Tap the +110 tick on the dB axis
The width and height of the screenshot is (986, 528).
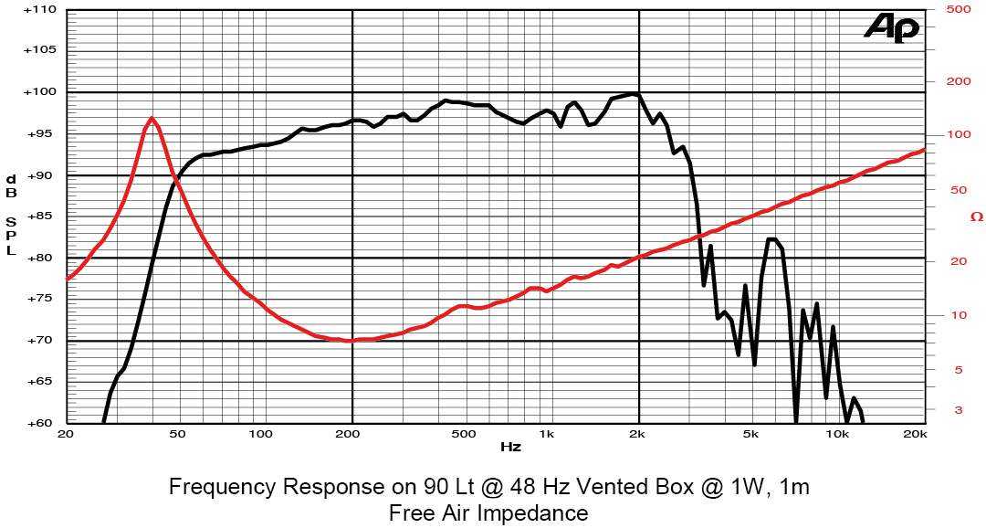41,9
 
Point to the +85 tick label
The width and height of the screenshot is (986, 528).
41,216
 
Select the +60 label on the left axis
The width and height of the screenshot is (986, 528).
41,423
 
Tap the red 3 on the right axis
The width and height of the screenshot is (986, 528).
958,410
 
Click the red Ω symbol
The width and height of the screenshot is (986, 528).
975,216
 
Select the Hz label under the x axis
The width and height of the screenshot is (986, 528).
510,448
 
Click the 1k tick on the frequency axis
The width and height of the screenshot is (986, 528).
546,434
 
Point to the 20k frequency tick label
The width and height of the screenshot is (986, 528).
916,434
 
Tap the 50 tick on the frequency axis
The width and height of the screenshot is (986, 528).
178,434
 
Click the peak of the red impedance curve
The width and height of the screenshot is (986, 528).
152,118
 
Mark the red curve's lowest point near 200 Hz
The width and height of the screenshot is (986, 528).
349,340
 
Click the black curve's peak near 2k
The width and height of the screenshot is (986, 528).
632,93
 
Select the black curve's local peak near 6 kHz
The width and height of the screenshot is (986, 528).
772,239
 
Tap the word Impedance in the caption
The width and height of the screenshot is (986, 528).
535,512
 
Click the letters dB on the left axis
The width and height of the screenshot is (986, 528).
12,185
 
